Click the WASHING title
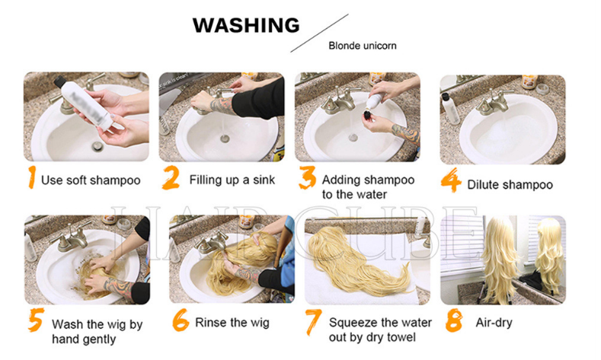246,25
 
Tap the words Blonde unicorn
363,46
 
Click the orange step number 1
32,177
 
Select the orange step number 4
451,180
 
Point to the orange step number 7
314,322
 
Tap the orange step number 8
454,320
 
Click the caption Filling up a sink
232,180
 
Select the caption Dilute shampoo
510,185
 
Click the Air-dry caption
494,323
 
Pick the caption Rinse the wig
232,323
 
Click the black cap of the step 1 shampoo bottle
59,81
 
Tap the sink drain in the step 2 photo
225,139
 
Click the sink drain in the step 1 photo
98,146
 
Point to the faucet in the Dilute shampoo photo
494,100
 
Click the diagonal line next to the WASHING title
319,33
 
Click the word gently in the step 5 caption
98,339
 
